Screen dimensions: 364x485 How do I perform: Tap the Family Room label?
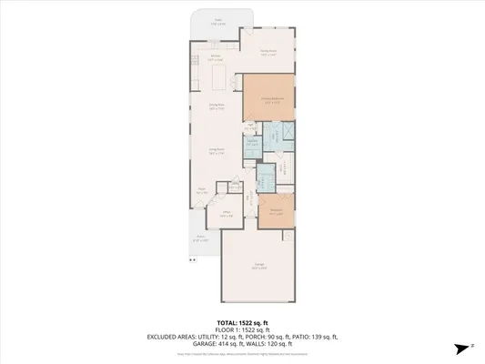coord(268,53)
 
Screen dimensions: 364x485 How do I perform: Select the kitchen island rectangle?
coord(219,80)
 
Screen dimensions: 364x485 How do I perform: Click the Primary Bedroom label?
coord(273,101)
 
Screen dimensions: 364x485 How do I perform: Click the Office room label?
coord(227,216)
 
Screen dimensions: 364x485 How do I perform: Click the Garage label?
coord(259,267)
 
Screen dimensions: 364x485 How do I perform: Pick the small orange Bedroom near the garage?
coord(276,210)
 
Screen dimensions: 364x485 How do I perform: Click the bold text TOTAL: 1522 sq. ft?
coord(240,322)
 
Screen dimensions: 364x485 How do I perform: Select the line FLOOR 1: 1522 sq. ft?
coord(240,329)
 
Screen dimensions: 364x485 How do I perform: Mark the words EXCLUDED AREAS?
coord(172,336)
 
